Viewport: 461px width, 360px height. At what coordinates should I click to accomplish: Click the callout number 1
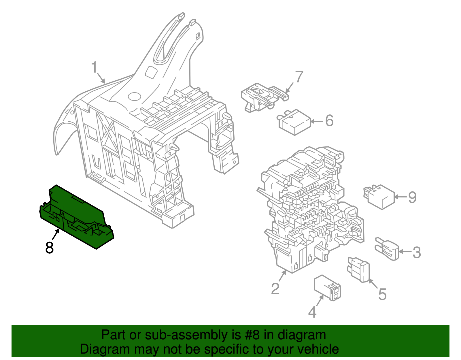click(x=94, y=68)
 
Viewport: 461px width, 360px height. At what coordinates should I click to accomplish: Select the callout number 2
click(x=275, y=289)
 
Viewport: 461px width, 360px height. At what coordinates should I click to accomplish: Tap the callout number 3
click(x=417, y=252)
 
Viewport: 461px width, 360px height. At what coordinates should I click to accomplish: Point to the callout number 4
click(x=312, y=312)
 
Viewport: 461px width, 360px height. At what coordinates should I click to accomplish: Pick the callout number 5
click(x=382, y=294)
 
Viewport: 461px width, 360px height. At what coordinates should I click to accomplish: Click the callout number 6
click(x=329, y=120)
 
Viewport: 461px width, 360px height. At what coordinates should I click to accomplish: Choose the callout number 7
click(x=299, y=77)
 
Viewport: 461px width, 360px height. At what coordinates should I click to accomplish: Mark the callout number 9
click(x=412, y=197)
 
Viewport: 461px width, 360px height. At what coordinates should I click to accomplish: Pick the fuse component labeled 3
click(x=388, y=248)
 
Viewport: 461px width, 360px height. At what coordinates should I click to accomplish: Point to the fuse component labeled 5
click(x=360, y=270)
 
